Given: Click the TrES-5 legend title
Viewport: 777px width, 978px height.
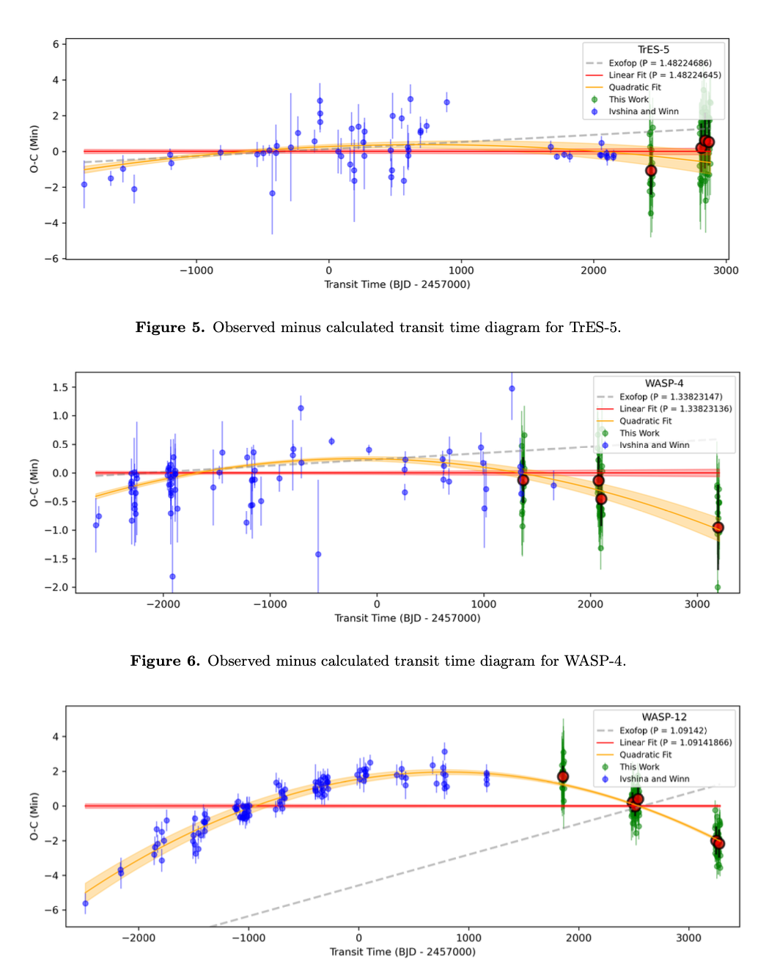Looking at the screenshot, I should (653, 50).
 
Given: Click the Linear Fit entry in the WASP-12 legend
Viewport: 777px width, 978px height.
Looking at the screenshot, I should (675, 743).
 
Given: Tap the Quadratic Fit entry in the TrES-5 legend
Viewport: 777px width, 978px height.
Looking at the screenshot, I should (634, 87).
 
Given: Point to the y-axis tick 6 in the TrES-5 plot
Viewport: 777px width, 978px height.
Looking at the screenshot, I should (56, 44).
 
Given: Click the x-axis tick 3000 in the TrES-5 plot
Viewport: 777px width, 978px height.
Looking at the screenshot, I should (726, 271).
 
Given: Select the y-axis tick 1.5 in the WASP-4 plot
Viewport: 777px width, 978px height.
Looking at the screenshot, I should (60, 387).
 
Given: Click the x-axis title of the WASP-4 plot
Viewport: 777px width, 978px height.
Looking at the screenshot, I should (408, 618).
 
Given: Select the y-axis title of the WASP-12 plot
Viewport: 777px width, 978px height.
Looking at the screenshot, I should (34, 816).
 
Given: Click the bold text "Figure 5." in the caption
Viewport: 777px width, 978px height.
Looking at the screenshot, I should (170, 328).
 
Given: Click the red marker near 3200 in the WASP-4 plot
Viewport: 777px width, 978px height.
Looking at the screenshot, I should (718, 527).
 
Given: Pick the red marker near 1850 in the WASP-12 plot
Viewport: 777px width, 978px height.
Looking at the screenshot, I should (563, 776).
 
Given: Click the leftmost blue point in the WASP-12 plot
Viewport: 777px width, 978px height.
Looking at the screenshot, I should (85, 903).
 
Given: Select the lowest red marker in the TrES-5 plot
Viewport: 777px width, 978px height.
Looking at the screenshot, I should (651, 171).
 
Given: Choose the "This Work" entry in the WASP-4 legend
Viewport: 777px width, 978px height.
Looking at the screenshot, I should (639, 433).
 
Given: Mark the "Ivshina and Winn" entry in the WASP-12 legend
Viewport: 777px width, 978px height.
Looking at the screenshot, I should (654, 779).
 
